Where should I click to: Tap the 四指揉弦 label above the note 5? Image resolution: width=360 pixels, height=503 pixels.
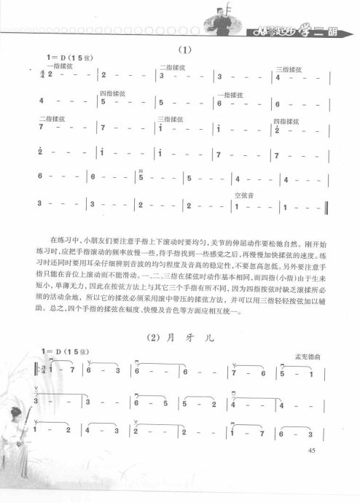point(110,93)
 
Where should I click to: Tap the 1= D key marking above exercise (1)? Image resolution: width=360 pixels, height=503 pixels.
point(57,58)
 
